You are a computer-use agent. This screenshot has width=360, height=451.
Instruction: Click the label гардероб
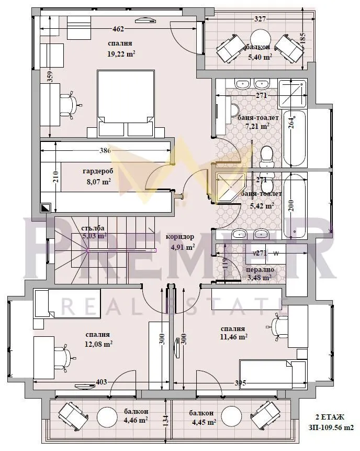tap(96, 171)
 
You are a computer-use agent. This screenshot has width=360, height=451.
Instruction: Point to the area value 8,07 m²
tap(98, 182)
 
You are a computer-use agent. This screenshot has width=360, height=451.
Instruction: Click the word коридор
tap(179, 236)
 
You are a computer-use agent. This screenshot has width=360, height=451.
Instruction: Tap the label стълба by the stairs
tap(93, 228)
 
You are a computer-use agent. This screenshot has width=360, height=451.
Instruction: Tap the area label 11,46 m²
tap(233, 337)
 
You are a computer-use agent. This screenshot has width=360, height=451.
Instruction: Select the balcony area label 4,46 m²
tap(135, 420)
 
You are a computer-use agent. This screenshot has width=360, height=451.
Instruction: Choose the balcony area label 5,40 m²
tap(260, 57)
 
